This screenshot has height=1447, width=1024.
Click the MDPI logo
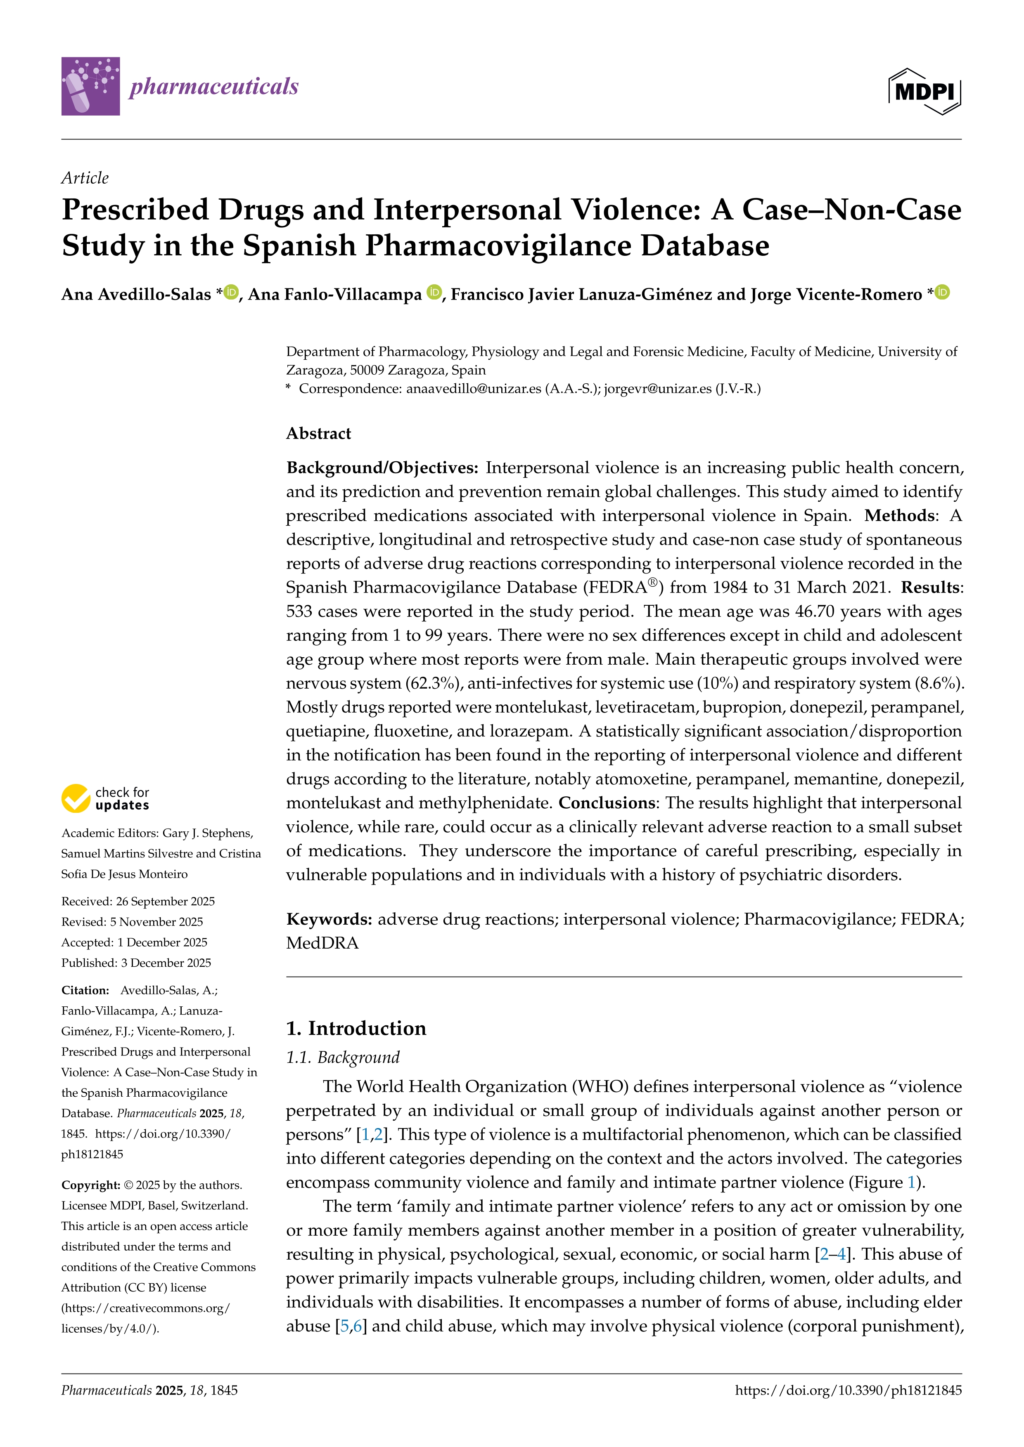924,91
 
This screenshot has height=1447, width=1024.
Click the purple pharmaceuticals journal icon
90,86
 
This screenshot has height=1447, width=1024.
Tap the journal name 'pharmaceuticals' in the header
214,86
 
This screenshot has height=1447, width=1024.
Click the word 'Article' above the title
85,178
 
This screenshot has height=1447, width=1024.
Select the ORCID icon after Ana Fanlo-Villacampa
434,292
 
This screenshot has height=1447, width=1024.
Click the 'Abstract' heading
318,434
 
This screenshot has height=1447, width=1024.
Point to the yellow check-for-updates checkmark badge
76,798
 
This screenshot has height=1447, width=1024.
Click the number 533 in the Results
299,611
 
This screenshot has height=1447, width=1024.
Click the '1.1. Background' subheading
343,1058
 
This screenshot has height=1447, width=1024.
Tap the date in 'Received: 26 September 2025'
165,901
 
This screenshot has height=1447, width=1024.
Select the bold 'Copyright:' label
90,1185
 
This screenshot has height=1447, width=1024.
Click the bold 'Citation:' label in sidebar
85,990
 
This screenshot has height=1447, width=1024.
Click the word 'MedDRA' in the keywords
322,944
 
